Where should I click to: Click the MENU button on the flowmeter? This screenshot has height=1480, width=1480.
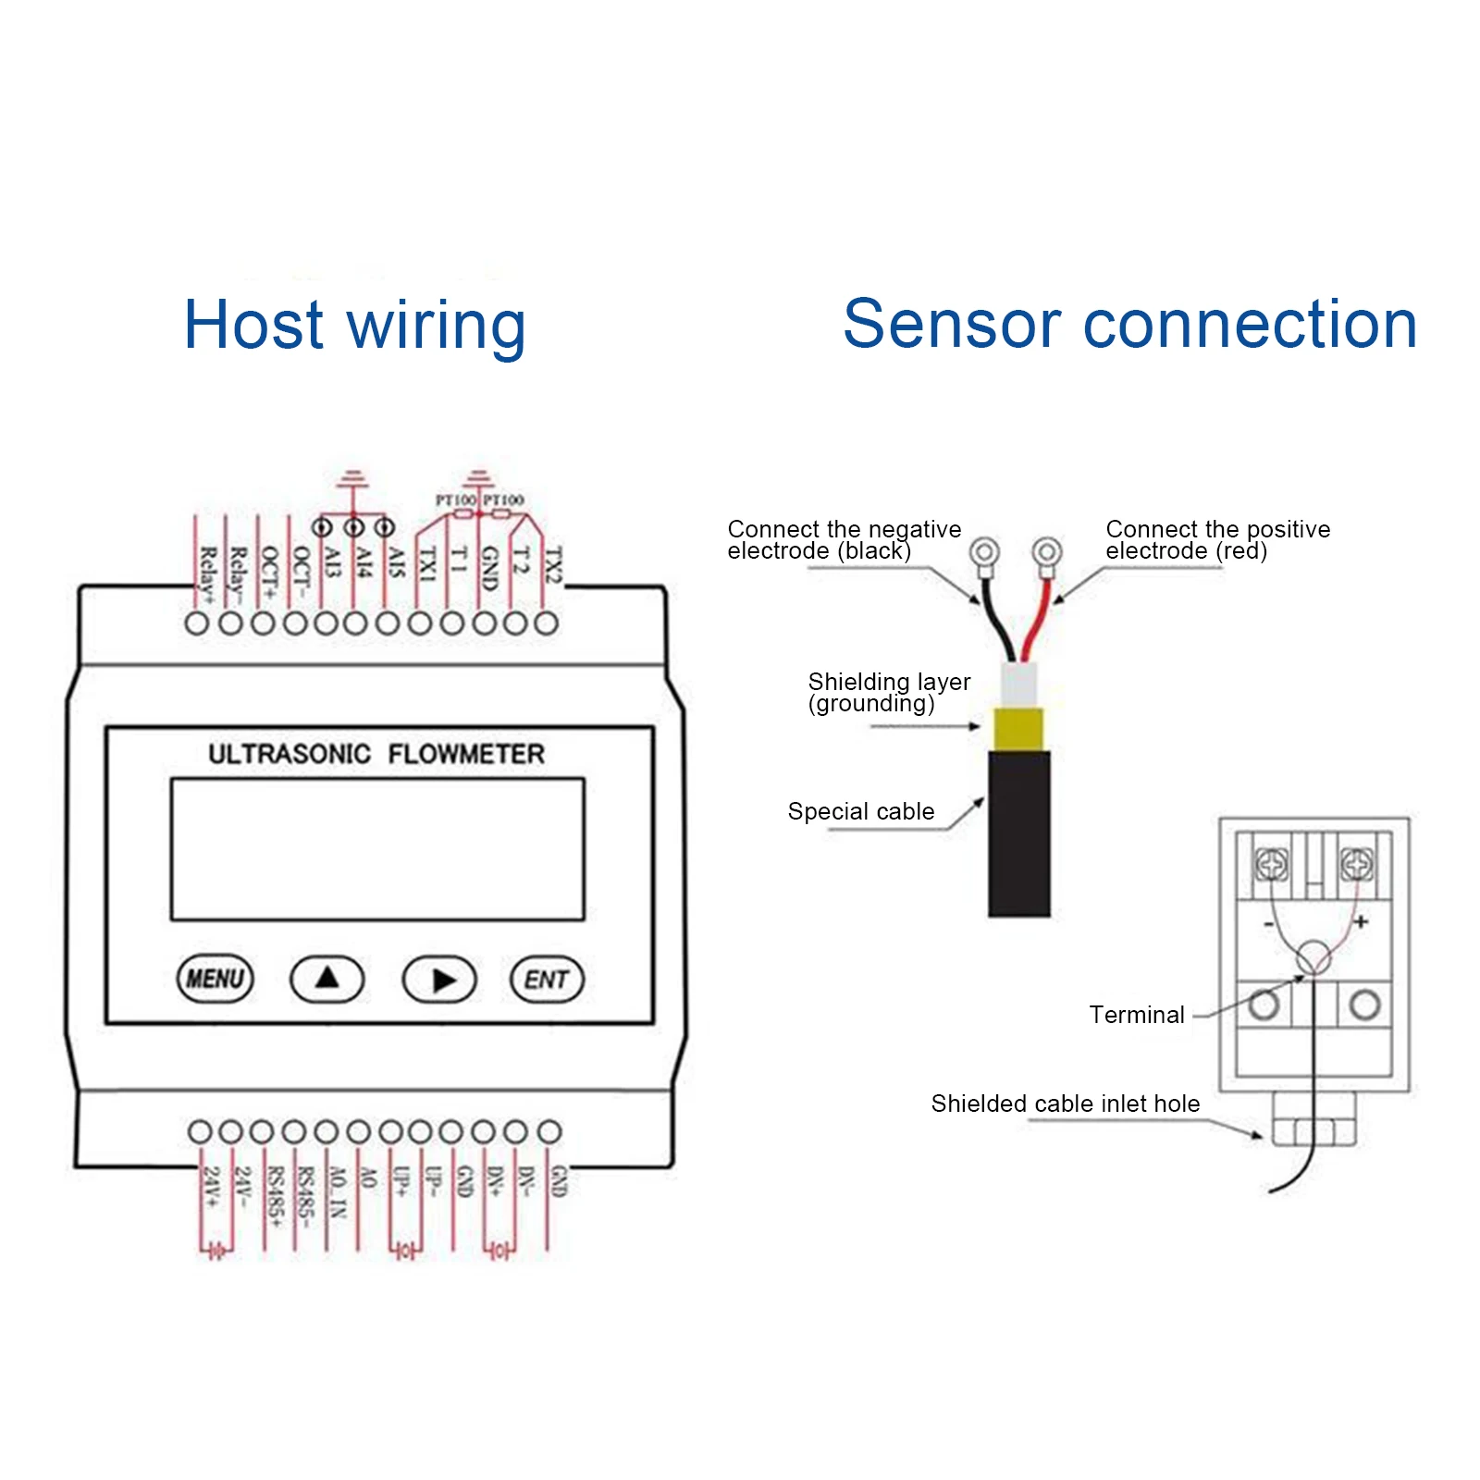[x=215, y=979]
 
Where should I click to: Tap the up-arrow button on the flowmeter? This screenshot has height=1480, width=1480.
[x=327, y=979]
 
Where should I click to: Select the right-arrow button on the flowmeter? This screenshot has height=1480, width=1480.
[x=439, y=980]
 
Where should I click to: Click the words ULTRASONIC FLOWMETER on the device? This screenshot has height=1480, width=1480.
[x=376, y=754]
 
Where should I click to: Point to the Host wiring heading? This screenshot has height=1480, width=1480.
[x=354, y=325]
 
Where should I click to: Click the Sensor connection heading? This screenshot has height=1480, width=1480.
[x=1129, y=325]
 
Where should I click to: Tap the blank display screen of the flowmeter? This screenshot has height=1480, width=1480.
[x=377, y=849]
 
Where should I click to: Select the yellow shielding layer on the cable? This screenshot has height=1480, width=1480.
[x=1018, y=729]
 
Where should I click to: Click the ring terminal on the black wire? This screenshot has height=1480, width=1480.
[x=984, y=553]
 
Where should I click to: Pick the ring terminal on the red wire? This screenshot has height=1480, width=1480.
[x=1047, y=553]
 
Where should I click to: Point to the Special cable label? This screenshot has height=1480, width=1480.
[x=860, y=811]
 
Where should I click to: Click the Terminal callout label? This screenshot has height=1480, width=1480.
[x=1136, y=1015]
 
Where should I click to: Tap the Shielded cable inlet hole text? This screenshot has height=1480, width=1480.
[x=1065, y=1104]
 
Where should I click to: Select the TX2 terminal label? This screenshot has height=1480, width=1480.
[x=552, y=564]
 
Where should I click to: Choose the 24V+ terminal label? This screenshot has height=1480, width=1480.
[x=212, y=1187]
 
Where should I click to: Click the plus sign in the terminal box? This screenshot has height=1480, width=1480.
[x=1361, y=921]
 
